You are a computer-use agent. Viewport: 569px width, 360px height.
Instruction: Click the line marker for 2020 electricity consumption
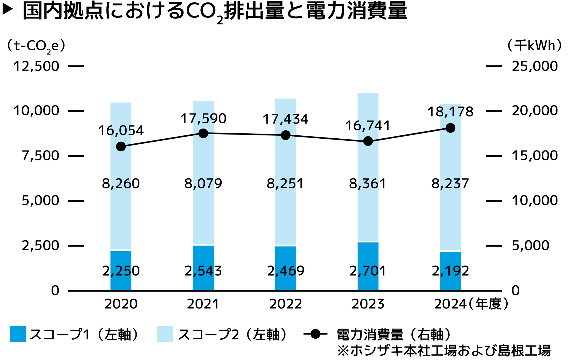(121, 146)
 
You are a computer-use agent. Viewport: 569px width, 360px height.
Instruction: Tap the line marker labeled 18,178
(450, 128)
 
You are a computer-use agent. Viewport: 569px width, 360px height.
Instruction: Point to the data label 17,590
(203, 119)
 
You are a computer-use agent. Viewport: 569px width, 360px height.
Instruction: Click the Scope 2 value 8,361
(368, 184)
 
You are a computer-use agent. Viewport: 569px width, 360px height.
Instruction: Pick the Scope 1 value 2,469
(286, 271)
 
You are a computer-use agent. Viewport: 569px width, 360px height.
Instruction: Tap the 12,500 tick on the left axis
(36, 66)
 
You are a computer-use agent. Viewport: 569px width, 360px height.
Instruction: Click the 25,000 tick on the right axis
(535, 66)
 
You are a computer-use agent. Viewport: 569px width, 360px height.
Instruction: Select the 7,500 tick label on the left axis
(40, 156)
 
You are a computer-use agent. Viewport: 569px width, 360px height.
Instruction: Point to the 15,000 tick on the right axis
(535, 156)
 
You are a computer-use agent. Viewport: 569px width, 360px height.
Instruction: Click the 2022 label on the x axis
(286, 304)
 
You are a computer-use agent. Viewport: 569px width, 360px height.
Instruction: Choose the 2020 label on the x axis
(121, 304)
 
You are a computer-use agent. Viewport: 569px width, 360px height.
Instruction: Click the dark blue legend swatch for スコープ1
(18, 334)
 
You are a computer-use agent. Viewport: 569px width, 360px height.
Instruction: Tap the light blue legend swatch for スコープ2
(165, 334)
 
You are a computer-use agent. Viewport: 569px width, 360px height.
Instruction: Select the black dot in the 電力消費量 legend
(316, 334)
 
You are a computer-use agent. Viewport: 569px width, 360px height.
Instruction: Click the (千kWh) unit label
(534, 46)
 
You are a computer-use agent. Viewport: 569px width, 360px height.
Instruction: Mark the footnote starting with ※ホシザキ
(444, 351)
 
